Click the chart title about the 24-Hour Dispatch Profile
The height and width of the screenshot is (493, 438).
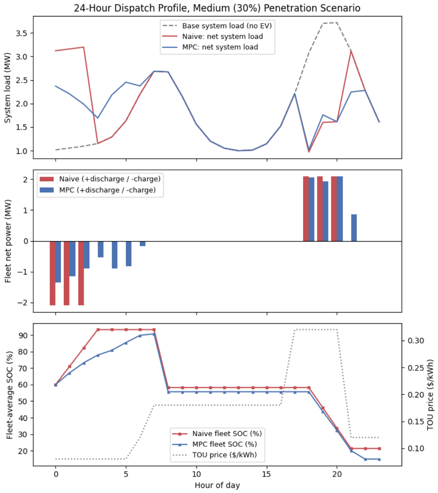(217, 8)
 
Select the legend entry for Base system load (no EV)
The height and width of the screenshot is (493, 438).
(217, 25)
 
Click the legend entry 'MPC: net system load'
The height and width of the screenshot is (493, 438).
(210, 47)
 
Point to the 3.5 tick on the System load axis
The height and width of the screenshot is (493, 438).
(22, 33)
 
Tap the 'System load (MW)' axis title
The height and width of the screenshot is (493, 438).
(7, 88)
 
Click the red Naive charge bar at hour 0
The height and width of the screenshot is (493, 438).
(52, 273)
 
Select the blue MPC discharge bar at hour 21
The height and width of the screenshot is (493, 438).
(354, 228)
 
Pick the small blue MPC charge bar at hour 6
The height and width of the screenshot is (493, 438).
(143, 244)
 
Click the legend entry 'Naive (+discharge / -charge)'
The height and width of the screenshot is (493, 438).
(100, 179)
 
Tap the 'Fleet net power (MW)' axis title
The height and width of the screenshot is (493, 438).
(8, 241)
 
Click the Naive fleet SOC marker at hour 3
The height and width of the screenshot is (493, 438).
(98, 329)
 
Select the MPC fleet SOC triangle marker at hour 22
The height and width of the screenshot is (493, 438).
(365, 459)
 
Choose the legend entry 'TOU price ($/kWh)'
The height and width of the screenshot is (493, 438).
(215, 455)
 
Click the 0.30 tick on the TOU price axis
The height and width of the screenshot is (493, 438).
(416, 340)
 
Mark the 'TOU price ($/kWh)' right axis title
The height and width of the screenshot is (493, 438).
(430, 394)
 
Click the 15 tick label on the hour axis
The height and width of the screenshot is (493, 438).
(266, 474)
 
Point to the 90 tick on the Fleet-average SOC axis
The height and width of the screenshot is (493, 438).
(22, 335)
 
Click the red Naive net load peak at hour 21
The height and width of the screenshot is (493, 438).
(351, 51)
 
